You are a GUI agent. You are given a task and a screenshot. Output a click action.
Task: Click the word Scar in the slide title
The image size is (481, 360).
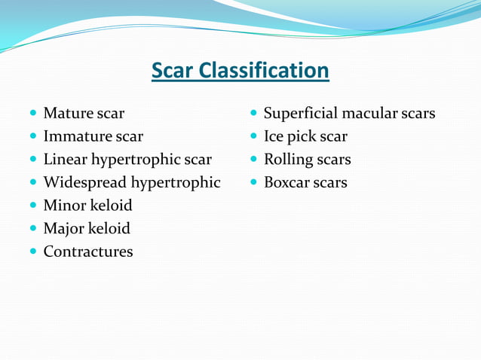click(173, 71)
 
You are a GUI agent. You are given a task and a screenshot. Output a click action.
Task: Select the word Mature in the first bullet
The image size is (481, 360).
click(68, 114)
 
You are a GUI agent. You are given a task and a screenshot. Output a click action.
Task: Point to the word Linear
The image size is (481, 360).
click(65, 160)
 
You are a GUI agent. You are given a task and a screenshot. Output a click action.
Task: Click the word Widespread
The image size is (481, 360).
click(85, 182)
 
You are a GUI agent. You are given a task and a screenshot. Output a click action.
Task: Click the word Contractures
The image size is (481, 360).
click(88, 252)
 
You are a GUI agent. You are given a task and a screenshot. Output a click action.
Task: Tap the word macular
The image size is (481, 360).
click(369, 114)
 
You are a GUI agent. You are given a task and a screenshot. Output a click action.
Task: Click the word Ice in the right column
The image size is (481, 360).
click(274, 137)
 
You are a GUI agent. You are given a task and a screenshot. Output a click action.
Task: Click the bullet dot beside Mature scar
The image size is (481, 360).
click(32, 114)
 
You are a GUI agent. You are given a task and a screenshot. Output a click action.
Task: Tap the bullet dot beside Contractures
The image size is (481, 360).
click(32, 252)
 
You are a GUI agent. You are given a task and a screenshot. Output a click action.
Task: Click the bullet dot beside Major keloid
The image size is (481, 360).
click(32, 228)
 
